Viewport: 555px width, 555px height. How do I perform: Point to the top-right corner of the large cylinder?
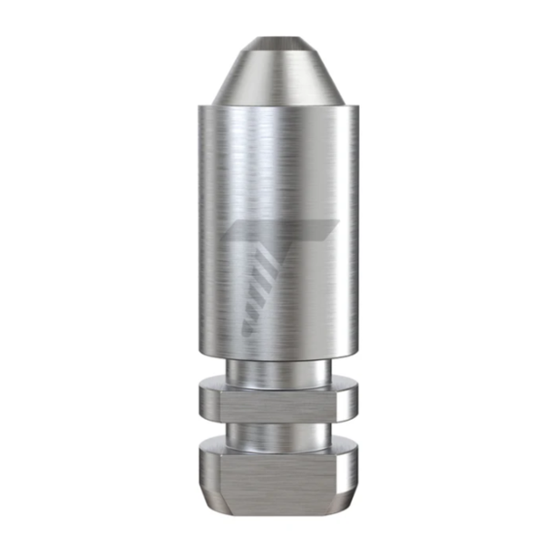[x=356, y=107]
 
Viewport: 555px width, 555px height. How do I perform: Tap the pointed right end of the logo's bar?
[x=337, y=222]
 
